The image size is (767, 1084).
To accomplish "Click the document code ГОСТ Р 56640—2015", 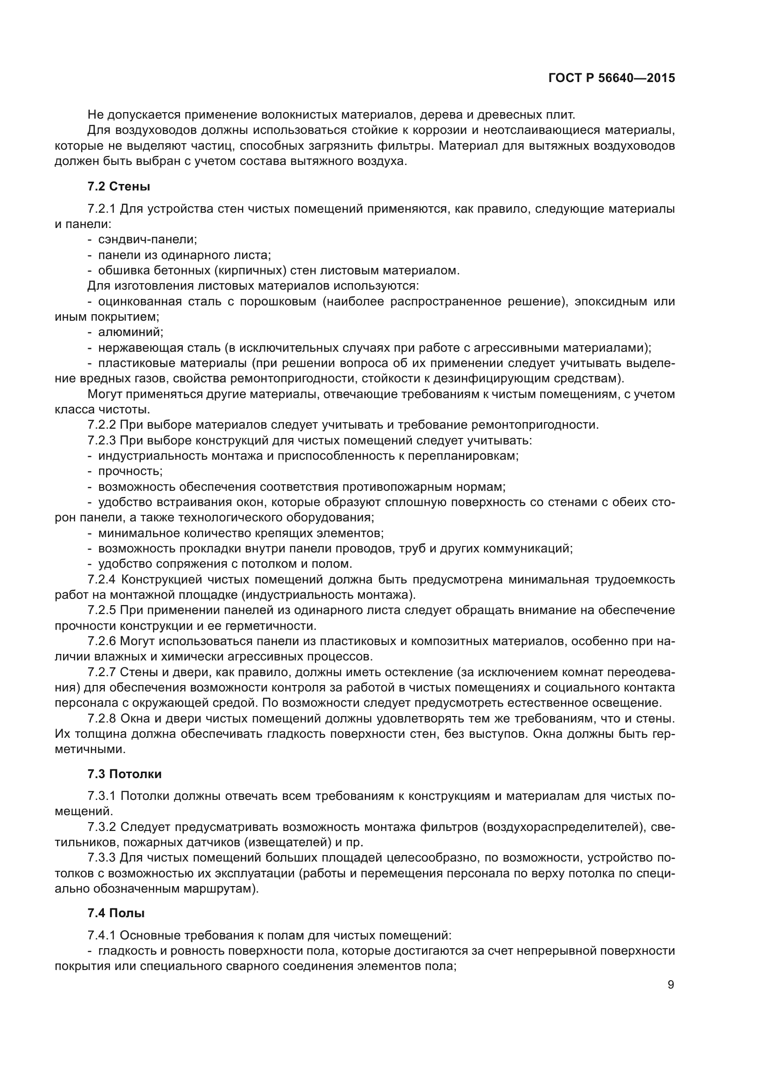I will pos(611,78).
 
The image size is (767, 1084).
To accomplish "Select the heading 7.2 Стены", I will pos(119,186).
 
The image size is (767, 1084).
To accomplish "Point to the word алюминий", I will pos(130,332).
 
